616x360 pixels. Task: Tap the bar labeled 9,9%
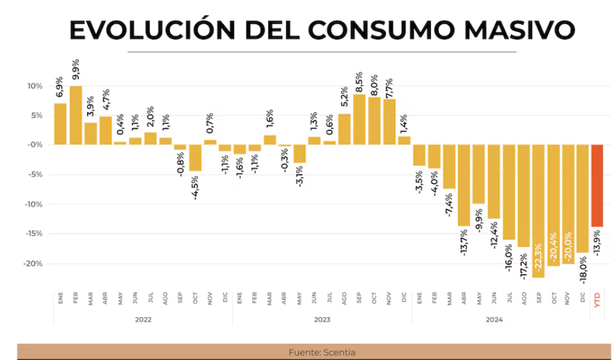(75, 115)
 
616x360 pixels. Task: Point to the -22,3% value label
(538, 258)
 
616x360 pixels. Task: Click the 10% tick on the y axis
(34, 86)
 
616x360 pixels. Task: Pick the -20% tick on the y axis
(33, 264)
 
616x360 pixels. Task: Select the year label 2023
(322, 320)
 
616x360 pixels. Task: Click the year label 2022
(143, 320)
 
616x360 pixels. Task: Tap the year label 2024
(494, 320)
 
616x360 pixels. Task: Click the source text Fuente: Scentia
(322, 352)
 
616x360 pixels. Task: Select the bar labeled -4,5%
(195, 158)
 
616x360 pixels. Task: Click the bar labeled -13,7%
(463, 185)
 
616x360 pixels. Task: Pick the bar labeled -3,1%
(299, 153)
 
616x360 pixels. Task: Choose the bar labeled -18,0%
(582, 198)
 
